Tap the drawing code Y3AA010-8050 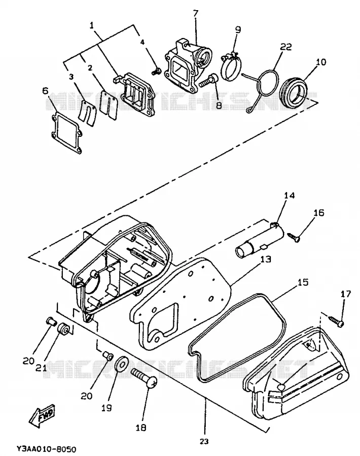click(x=46, y=449)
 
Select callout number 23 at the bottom click(x=205, y=441)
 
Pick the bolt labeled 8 click(x=207, y=80)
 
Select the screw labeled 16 click(x=295, y=237)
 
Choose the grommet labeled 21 click(x=63, y=329)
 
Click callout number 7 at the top click(x=195, y=13)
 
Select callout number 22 click(x=286, y=47)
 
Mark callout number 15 click(x=303, y=282)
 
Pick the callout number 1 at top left click(x=92, y=26)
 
